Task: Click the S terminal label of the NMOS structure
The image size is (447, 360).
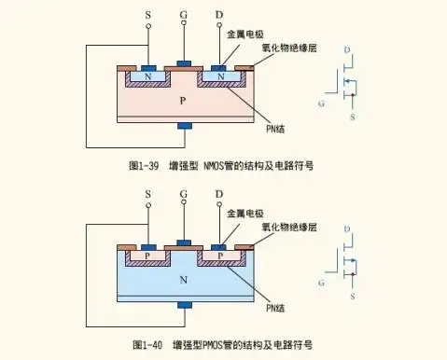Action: pyautogui.click(x=148, y=14)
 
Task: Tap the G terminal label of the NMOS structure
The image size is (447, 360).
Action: pyautogui.click(x=184, y=14)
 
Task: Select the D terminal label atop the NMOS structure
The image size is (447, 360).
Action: pyautogui.click(x=218, y=14)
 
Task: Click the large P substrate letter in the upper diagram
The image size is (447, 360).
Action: pyautogui.click(x=184, y=98)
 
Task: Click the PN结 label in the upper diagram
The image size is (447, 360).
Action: pyautogui.click(x=277, y=116)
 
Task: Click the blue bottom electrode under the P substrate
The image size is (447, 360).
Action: pyautogui.click(x=184, y=126)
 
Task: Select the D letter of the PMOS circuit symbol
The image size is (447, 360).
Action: pyautogui.click(x=349, y=228)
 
